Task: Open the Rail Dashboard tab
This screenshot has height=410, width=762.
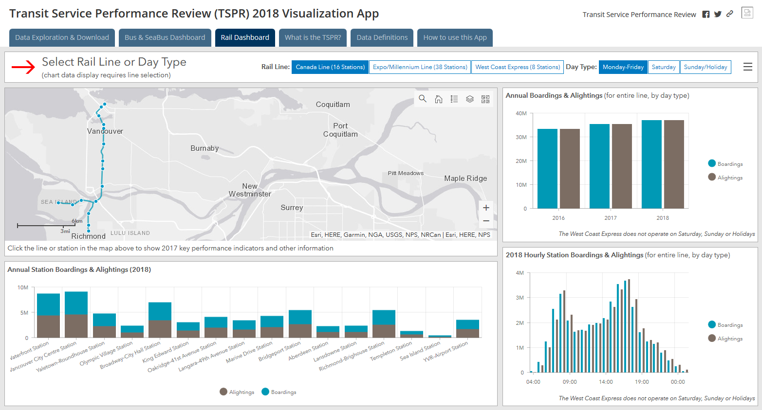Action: pos(245,37)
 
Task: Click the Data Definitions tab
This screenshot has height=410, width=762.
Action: pos(382,37)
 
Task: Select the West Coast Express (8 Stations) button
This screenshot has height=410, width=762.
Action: pos(518,67)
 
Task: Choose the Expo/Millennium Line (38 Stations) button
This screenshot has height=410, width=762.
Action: pos(420,67)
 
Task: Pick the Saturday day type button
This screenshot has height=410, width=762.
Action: pos(663,67)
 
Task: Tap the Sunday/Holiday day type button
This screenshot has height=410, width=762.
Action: pos(705,67)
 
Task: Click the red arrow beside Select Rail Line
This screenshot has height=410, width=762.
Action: pos(23,67)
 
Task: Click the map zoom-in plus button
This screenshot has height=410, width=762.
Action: pos(486,208)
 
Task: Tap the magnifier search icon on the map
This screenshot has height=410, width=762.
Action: pos(423,99)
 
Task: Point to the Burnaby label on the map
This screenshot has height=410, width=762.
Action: pos(204,148)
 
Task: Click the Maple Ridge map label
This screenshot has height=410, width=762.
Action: pos(465,178)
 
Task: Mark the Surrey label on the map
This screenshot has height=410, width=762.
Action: pos(292,208)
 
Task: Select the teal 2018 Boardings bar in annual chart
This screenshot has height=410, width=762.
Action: pos(651,164)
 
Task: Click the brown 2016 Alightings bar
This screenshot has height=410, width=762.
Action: pos(570,169)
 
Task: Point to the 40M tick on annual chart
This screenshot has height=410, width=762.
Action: pos(521,113)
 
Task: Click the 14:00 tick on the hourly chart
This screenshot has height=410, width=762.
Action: pos(606,382)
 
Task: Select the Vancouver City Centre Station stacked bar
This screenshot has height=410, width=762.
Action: pos(76,314)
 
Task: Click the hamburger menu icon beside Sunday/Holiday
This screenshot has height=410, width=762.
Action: pos(748,67)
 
